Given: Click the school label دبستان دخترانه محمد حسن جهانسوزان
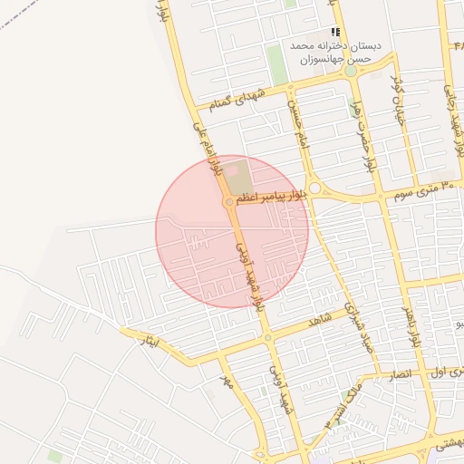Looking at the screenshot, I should coord(336,52).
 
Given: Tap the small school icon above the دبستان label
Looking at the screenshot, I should coord(335,32).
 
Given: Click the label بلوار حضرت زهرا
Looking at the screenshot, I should coord(362,136).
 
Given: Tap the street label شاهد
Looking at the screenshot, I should coord(321,320).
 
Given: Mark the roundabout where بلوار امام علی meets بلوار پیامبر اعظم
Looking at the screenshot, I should coord(227,202).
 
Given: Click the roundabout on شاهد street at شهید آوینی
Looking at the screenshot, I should coord(267,338).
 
